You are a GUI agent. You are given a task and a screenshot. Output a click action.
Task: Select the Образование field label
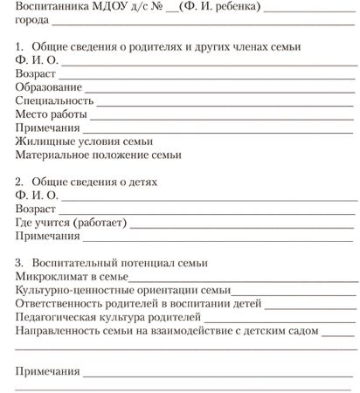point(49,88)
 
